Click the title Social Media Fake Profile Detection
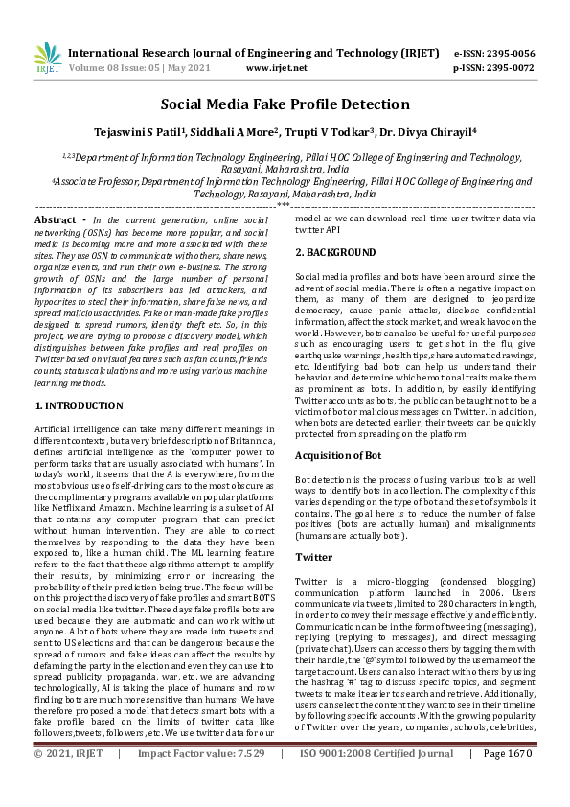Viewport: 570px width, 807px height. pyautogui.click(x=285, y=104)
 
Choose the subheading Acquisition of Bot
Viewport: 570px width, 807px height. pyautogui.click(x=338, y=455)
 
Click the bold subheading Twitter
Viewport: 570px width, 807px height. pyautogui.click(x=314, y=557)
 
